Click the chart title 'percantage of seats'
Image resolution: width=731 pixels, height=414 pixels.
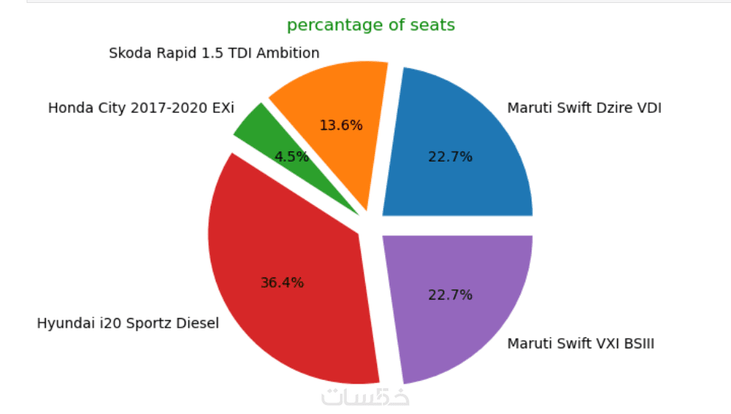370,25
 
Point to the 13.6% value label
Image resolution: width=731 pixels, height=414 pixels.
341,125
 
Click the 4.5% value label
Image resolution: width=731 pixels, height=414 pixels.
291,156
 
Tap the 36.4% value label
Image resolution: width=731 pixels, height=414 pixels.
282,283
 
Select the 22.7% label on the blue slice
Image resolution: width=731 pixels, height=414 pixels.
450,156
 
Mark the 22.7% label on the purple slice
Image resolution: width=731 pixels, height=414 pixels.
450,295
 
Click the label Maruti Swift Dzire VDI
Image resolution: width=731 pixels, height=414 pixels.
584,108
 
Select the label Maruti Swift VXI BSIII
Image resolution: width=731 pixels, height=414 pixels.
580,344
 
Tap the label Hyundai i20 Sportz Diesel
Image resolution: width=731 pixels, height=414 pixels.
128,324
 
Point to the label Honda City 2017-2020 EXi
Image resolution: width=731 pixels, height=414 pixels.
140,108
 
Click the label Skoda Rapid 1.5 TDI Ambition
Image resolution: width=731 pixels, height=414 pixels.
214,53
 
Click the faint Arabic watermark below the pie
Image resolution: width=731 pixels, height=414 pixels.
365,396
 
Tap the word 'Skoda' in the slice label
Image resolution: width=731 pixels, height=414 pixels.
126,53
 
